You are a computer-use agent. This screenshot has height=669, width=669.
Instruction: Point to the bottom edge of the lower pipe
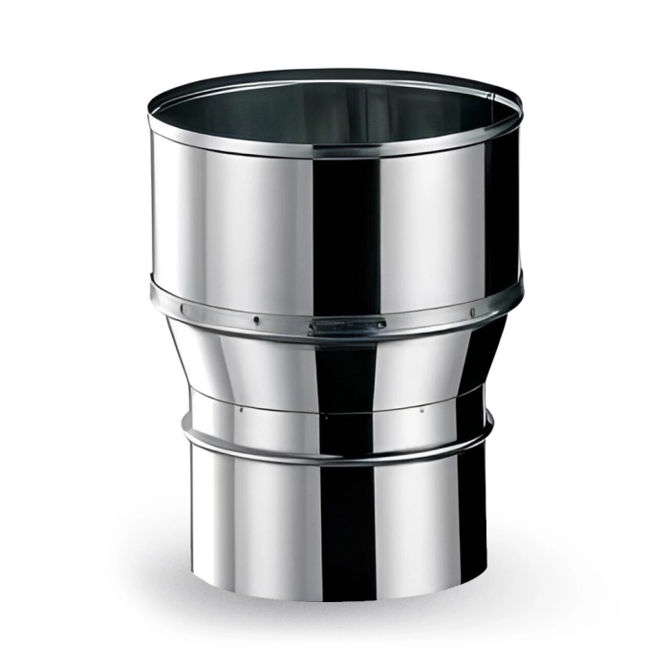pyautogui.click(x=339, y=593)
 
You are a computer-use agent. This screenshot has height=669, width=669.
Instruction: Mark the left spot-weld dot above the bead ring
pyautogui.click(x=241, y=408)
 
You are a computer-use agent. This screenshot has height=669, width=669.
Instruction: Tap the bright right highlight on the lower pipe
pyautogui.click(x=430, y=516)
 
